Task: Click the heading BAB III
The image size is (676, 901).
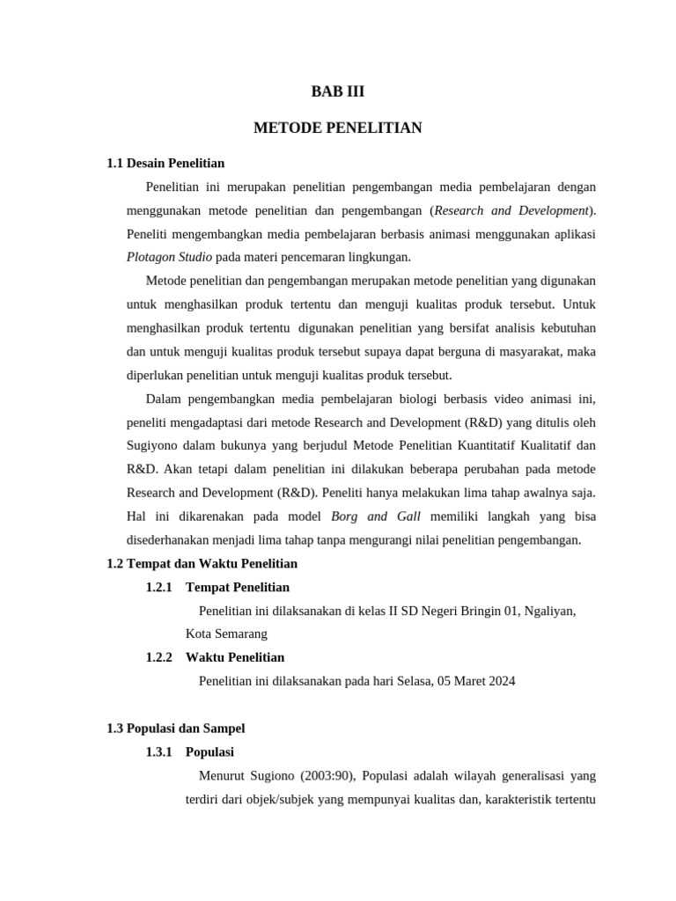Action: pyautogui.click(x=337, y=92)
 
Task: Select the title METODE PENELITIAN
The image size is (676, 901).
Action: pyautogui.click(x=337, y=128)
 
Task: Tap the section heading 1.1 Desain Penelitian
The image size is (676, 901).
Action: pyautogui.click(x=165, y=163)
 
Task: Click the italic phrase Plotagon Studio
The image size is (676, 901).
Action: pyautogui.click(x=169, y=257)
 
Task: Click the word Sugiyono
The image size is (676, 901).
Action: pyautogui.click(x=154, y=445)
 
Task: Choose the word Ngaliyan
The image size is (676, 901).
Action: pyautogui.click(x=549, y=611)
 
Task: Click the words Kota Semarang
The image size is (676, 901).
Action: pyautogui.click(x=226, y=634)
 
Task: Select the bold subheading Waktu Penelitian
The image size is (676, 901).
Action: pyautogui.click(x=235, y=657)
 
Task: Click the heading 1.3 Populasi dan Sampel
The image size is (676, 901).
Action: pyautogui.click(x=175, y=728)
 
